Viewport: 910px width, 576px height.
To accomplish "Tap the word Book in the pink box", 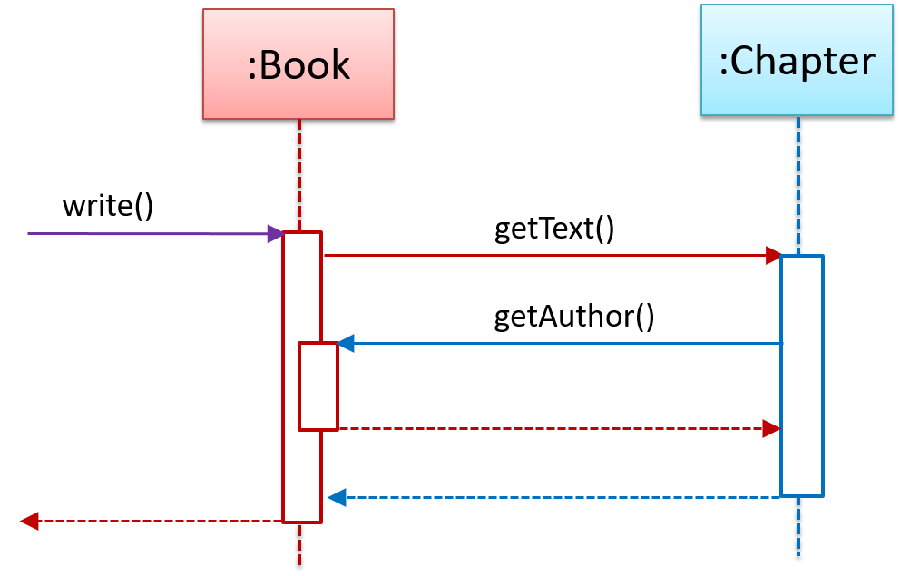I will pos(305,65).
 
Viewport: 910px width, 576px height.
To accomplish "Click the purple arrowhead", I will pos(275,234).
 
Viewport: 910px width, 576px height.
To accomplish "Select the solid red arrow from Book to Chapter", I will pos(544,256).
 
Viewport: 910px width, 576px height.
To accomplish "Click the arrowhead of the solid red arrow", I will pos(773,256).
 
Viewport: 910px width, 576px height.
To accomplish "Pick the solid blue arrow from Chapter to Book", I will pos(563,344).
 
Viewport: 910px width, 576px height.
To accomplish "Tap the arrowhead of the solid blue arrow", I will pos(346,344).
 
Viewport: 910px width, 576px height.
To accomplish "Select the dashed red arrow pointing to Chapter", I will pos(553,428).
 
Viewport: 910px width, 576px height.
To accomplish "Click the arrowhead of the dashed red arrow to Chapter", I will pos(772,428).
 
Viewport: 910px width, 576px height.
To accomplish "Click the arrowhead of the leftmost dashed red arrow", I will pos(29,521).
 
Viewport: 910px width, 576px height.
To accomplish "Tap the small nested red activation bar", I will pos(318,386).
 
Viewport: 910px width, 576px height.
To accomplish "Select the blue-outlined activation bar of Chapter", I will pos(802,376).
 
